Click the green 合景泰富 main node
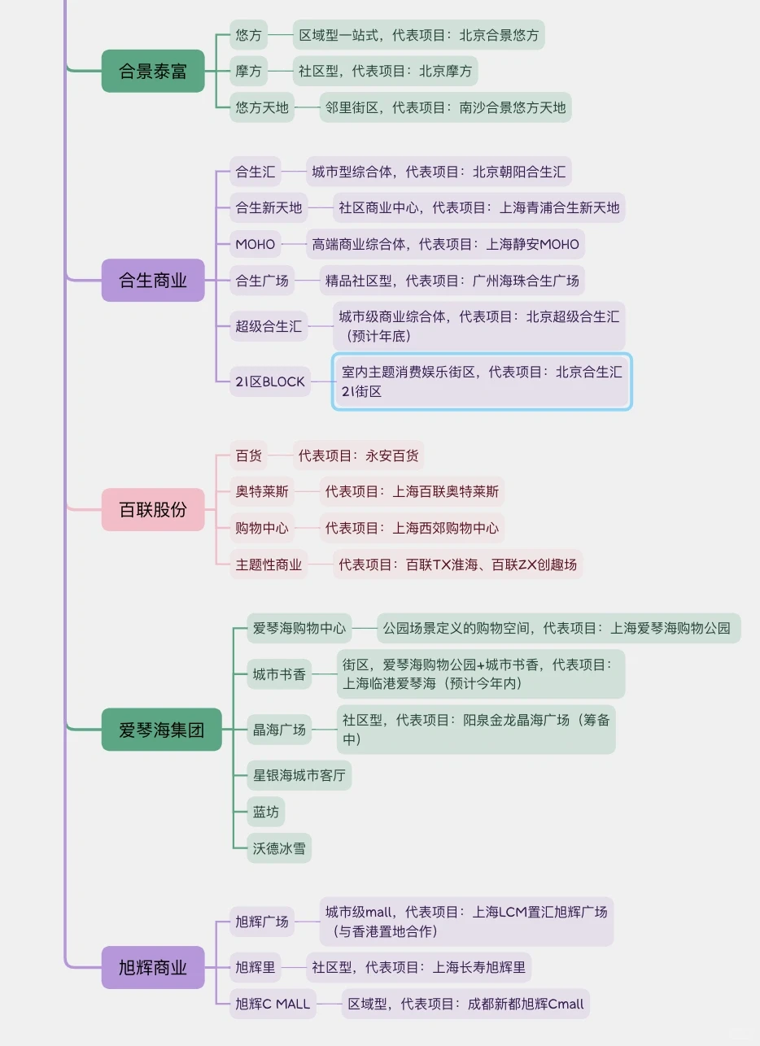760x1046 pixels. [x=153, y=71]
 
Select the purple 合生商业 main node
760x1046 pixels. [x=153, y=281]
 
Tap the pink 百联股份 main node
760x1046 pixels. [x=153, y=510]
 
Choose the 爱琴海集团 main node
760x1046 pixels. [x=161, y=730]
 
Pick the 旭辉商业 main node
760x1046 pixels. [x=153, y=968]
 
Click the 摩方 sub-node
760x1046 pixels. [x=249, y=71]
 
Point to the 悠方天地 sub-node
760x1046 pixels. [x=262, y=107]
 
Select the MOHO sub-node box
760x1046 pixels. [x=256, y=244]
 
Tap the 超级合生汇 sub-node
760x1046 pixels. [x=269, y=326]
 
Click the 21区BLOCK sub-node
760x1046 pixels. [x=270, y=381]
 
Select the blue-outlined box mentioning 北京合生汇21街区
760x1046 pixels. [x=482, y=381]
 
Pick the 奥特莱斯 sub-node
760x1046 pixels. [x=262, y=491]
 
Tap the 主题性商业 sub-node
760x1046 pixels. [x=269, y=564]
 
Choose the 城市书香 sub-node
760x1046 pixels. [x=280, y=673]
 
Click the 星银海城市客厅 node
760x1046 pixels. [x=299, y=775]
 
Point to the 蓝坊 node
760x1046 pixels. [x=266, y=812]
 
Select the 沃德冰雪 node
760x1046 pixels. [x=280, y=848]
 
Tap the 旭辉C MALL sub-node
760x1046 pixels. [x=273, y=1004]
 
